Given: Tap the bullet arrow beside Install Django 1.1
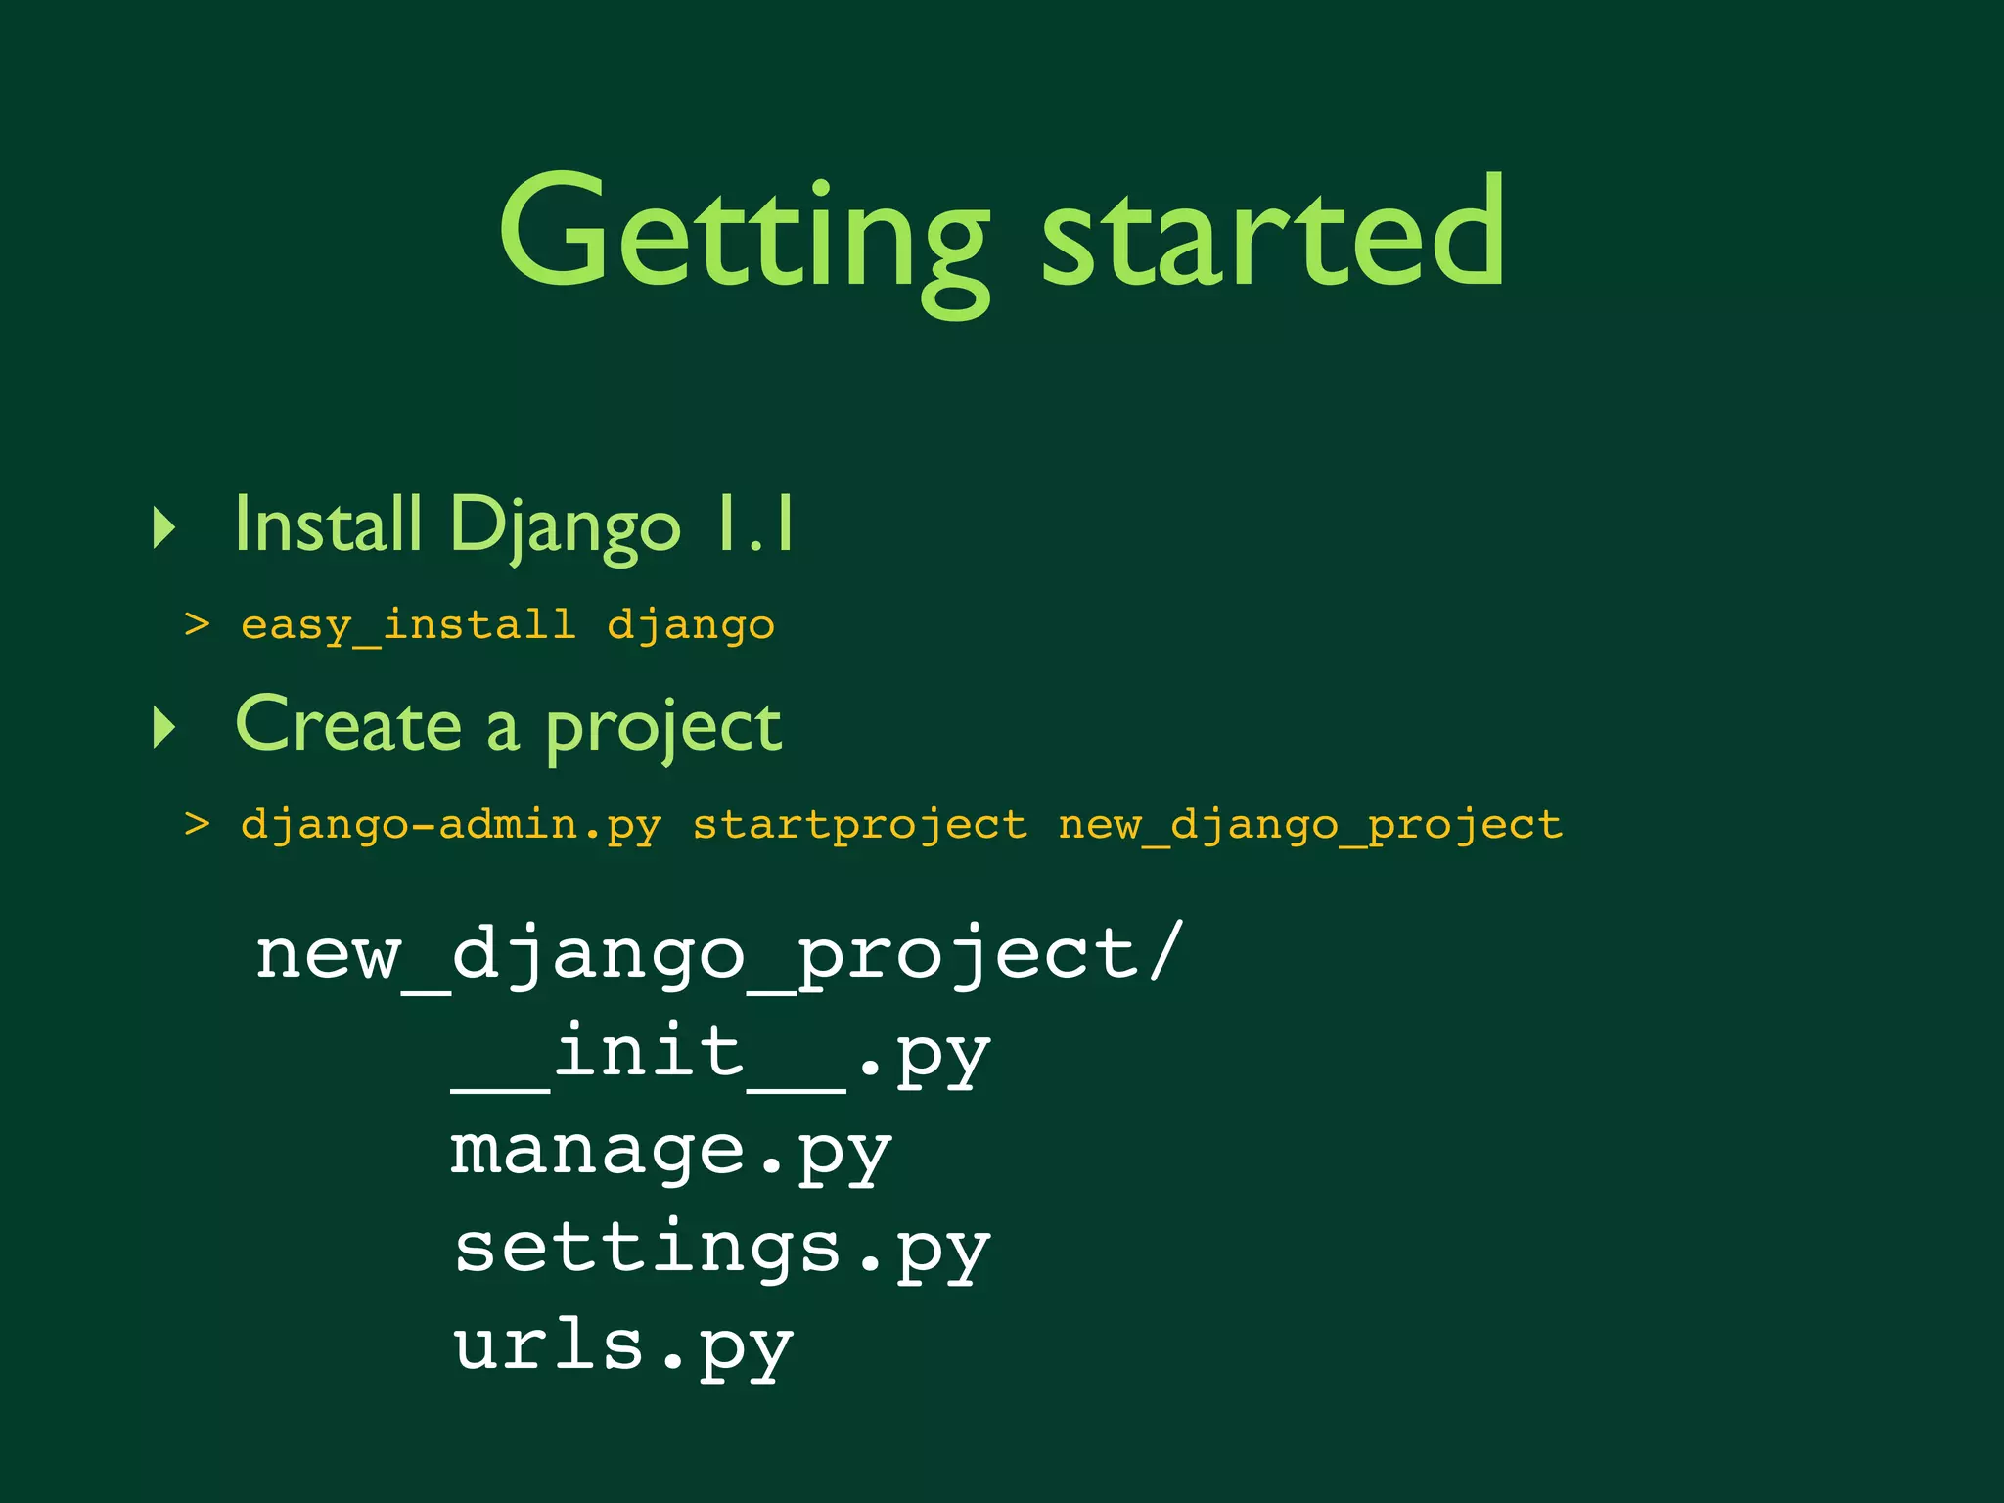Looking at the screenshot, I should (x=164, y=527).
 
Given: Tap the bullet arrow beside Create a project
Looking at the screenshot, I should (x=164, y=728).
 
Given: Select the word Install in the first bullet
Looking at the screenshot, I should (x=328, y=524).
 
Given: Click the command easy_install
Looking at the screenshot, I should (x=408, y=624).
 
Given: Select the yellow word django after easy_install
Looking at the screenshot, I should (x=691, y=624).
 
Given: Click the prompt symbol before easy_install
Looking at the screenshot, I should (x=197, y=623).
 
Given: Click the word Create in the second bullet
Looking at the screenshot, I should (x=348, y=726).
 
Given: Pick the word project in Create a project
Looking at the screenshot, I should (x=663, y=728).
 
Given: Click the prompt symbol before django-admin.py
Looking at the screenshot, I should (x=197, y=824).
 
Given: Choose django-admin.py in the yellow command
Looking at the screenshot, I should (x=450, y=825).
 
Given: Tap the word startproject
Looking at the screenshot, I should (x=860, y=825).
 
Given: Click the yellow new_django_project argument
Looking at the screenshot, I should (x=1309, y=825).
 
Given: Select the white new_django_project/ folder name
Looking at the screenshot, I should (x=719, y=955).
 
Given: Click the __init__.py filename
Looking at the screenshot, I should (x=721, y=1055).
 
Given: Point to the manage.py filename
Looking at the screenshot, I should (x=671, y=1153).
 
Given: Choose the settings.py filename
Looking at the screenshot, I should (x=721, y=1251).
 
